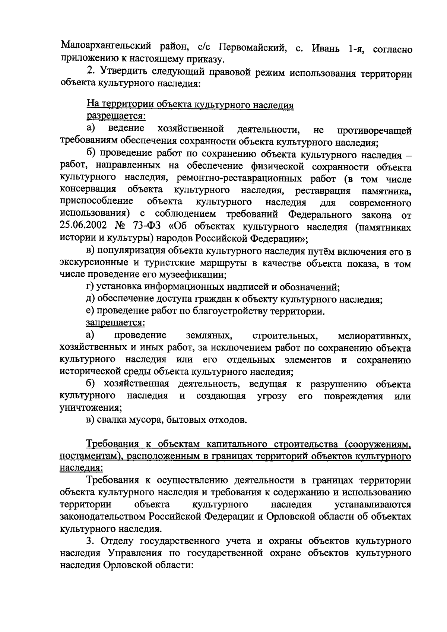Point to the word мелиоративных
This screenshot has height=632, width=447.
374,336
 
